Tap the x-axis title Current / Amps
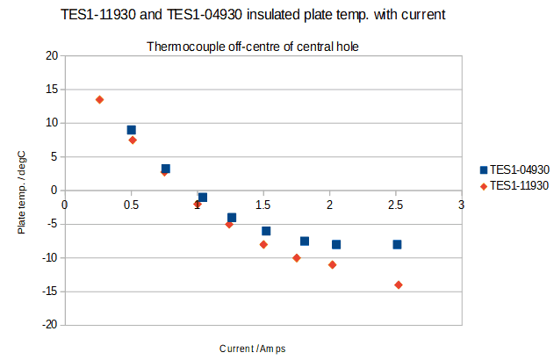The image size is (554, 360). [252, 349]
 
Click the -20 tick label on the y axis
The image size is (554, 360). [49, 325]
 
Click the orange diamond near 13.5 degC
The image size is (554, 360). [99, 100]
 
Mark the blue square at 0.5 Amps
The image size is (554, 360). [132, 130]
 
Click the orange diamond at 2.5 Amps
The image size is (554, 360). [399, 284]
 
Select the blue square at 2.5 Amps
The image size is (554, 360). [397, 244]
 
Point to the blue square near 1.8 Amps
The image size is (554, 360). [305, 241]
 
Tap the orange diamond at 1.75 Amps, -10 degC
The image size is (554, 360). [297, 258]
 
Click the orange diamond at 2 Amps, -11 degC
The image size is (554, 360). [332, 264]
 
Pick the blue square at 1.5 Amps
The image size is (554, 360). [266, 231]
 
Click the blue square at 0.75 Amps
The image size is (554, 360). [165, 169]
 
